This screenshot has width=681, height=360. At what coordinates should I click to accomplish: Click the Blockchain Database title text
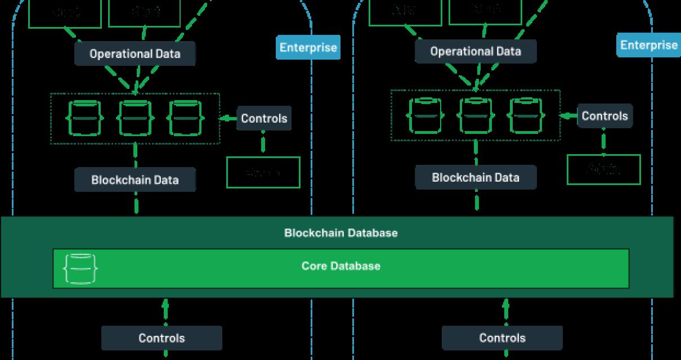click(x=340, y=233)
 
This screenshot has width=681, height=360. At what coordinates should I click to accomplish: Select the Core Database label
click(x=340, y=266)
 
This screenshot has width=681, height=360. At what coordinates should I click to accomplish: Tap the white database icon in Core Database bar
click(x=80, y=269)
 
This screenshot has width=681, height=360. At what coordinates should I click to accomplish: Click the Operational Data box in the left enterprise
click(x=135, y=54)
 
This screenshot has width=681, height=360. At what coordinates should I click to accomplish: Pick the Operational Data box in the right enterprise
click(x=476, y=52)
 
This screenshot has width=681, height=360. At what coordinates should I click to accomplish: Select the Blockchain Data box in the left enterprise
click(x=135, y=181)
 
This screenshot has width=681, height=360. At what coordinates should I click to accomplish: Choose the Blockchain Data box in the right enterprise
click(x=476, y=178)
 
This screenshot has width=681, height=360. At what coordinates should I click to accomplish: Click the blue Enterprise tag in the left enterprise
click(x=308, y=47)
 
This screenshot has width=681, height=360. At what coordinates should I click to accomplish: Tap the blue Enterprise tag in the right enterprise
click(x=648, y=45)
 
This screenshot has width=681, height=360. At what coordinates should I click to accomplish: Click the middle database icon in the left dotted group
click(x=136, y=118)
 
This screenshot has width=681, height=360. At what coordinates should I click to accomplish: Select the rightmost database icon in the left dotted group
click(x=186, y=118)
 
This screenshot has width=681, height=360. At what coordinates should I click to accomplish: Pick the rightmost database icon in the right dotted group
click(x=527, y=115)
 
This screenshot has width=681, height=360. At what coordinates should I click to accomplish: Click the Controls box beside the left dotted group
click(x=264, y=119)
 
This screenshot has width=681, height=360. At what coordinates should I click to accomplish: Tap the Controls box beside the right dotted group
click(x=604, y=116)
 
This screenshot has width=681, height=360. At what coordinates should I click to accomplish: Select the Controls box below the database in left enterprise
click(x=162, y=338)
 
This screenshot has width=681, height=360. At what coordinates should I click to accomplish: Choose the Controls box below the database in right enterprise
click(x=502, y=338)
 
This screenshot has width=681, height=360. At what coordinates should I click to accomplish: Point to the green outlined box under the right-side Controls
click(x=603, y=169)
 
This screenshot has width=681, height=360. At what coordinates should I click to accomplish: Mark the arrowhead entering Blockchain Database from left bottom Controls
click(x=165, y=304)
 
